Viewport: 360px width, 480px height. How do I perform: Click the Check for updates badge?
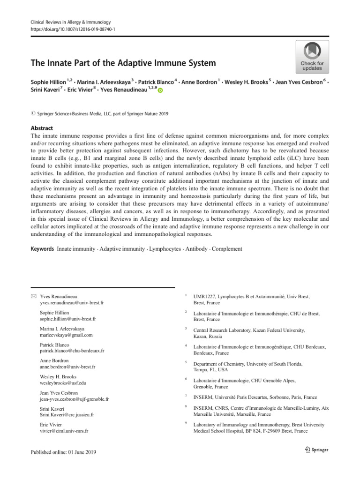[312, 57]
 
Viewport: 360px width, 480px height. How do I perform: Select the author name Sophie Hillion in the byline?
[48, 82]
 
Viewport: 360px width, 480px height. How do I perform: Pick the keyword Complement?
[227, 249]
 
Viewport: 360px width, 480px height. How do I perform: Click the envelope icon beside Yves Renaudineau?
[33, 296]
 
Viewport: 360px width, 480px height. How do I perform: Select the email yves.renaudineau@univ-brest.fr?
[72, 303]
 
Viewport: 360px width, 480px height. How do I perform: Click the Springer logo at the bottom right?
[314, 450]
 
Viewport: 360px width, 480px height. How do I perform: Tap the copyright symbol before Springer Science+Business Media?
[33, 113]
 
